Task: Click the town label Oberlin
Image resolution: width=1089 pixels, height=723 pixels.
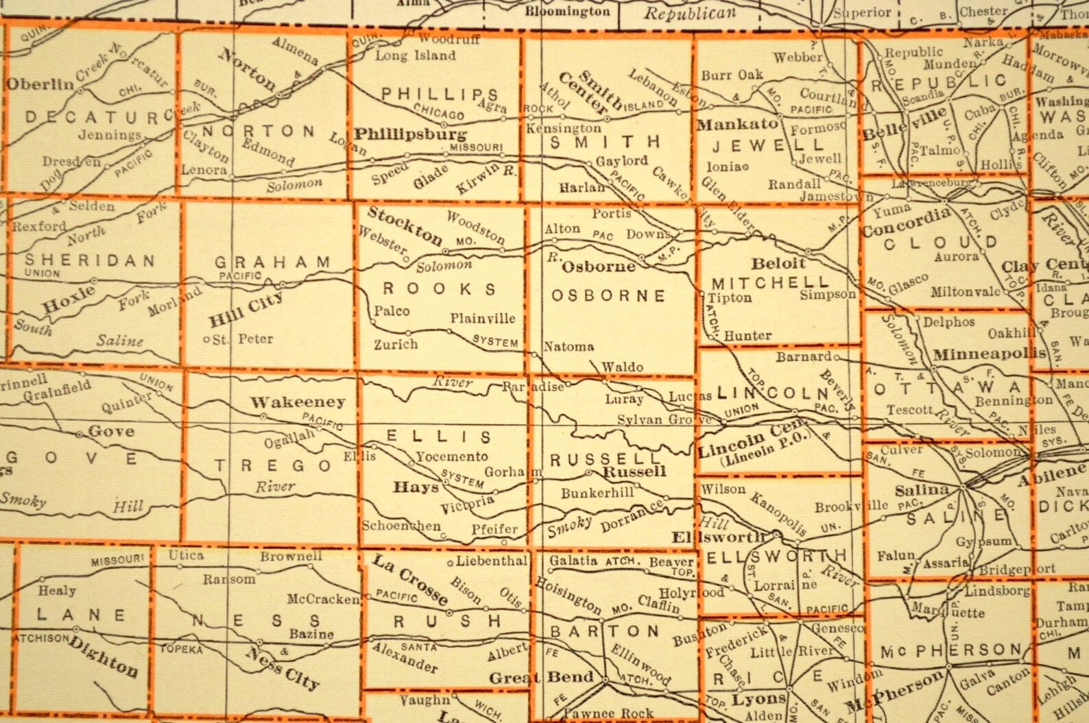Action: (x=40, y=84)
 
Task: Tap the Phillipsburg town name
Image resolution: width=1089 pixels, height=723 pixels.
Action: (x=410, y=134)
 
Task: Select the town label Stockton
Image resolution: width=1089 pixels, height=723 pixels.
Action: (x=405, y=225)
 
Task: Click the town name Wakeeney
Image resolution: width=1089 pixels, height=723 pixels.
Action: (x=297, y=402)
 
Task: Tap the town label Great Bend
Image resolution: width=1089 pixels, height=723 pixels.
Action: (x=541, y=678)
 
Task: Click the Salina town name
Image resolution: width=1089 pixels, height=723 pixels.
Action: (x=922, y=489)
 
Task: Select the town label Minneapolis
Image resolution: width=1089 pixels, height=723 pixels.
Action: (x=990, y=354)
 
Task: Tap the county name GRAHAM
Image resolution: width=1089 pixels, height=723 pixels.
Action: (x=272, y=262)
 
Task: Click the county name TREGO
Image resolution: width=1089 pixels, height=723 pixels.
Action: (x=274, y=466)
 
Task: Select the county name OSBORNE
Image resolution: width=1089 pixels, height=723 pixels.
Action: (x=608, y=295)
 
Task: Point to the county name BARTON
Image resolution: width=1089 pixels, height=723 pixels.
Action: (x=605, y=630)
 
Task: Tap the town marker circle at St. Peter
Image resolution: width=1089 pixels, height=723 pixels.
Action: (x=206, y=339)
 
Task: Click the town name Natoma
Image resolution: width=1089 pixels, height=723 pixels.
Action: (x=569, y=347)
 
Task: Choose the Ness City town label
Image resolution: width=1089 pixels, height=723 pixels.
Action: (x=282, y=668)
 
